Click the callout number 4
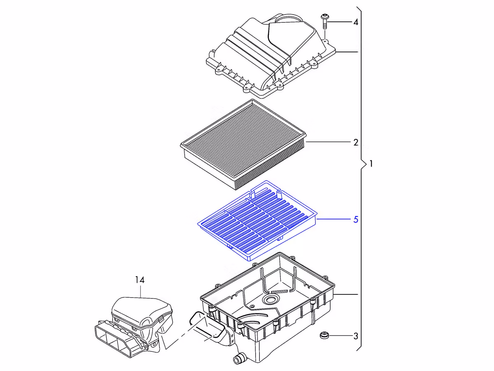(356, 22)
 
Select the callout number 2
(356, 142)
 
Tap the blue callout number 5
(356, 219)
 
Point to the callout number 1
(371, 164)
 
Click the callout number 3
(356, 336)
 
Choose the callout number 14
(140, 280)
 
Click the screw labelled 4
(324, 21)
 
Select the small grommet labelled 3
(324, 335)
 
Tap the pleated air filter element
(243, 144)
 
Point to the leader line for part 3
(341, 336)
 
